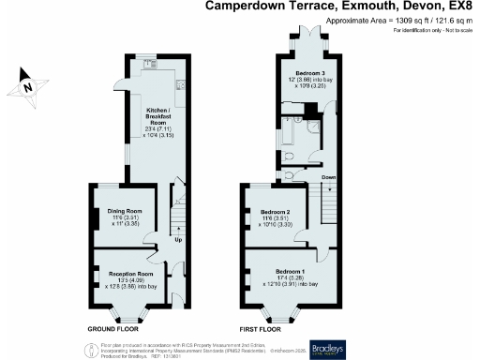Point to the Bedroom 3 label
tap(309, 73)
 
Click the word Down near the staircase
tap(328, 176)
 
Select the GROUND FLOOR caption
tap(114, 330)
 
